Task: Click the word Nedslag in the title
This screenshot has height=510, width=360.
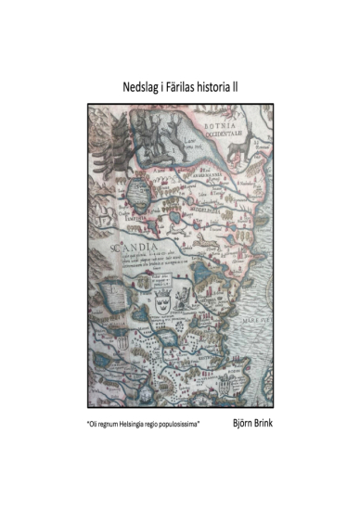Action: pos(142,86)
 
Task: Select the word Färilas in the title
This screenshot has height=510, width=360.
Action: pos(190,86)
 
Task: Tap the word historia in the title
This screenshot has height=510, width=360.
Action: pos(229,86)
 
